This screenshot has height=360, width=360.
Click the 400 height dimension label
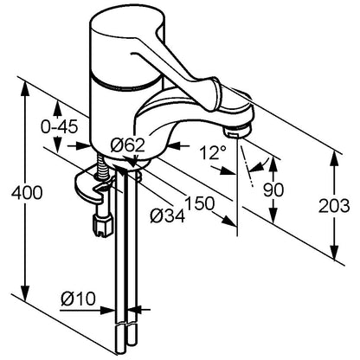coord(27,193)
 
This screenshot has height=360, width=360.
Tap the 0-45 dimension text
coord(60,127)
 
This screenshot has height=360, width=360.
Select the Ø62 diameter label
coord(127,145)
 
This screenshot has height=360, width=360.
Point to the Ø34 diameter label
coord(167,215)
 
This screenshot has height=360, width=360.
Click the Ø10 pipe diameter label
coord(78,299)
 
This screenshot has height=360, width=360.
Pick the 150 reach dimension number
coord(200,203)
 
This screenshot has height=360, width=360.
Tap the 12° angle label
coord(213,152)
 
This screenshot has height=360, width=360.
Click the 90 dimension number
coord(273,190)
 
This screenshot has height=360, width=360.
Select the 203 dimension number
coord(334,206)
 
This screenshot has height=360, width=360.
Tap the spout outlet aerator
coord(237,132)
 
